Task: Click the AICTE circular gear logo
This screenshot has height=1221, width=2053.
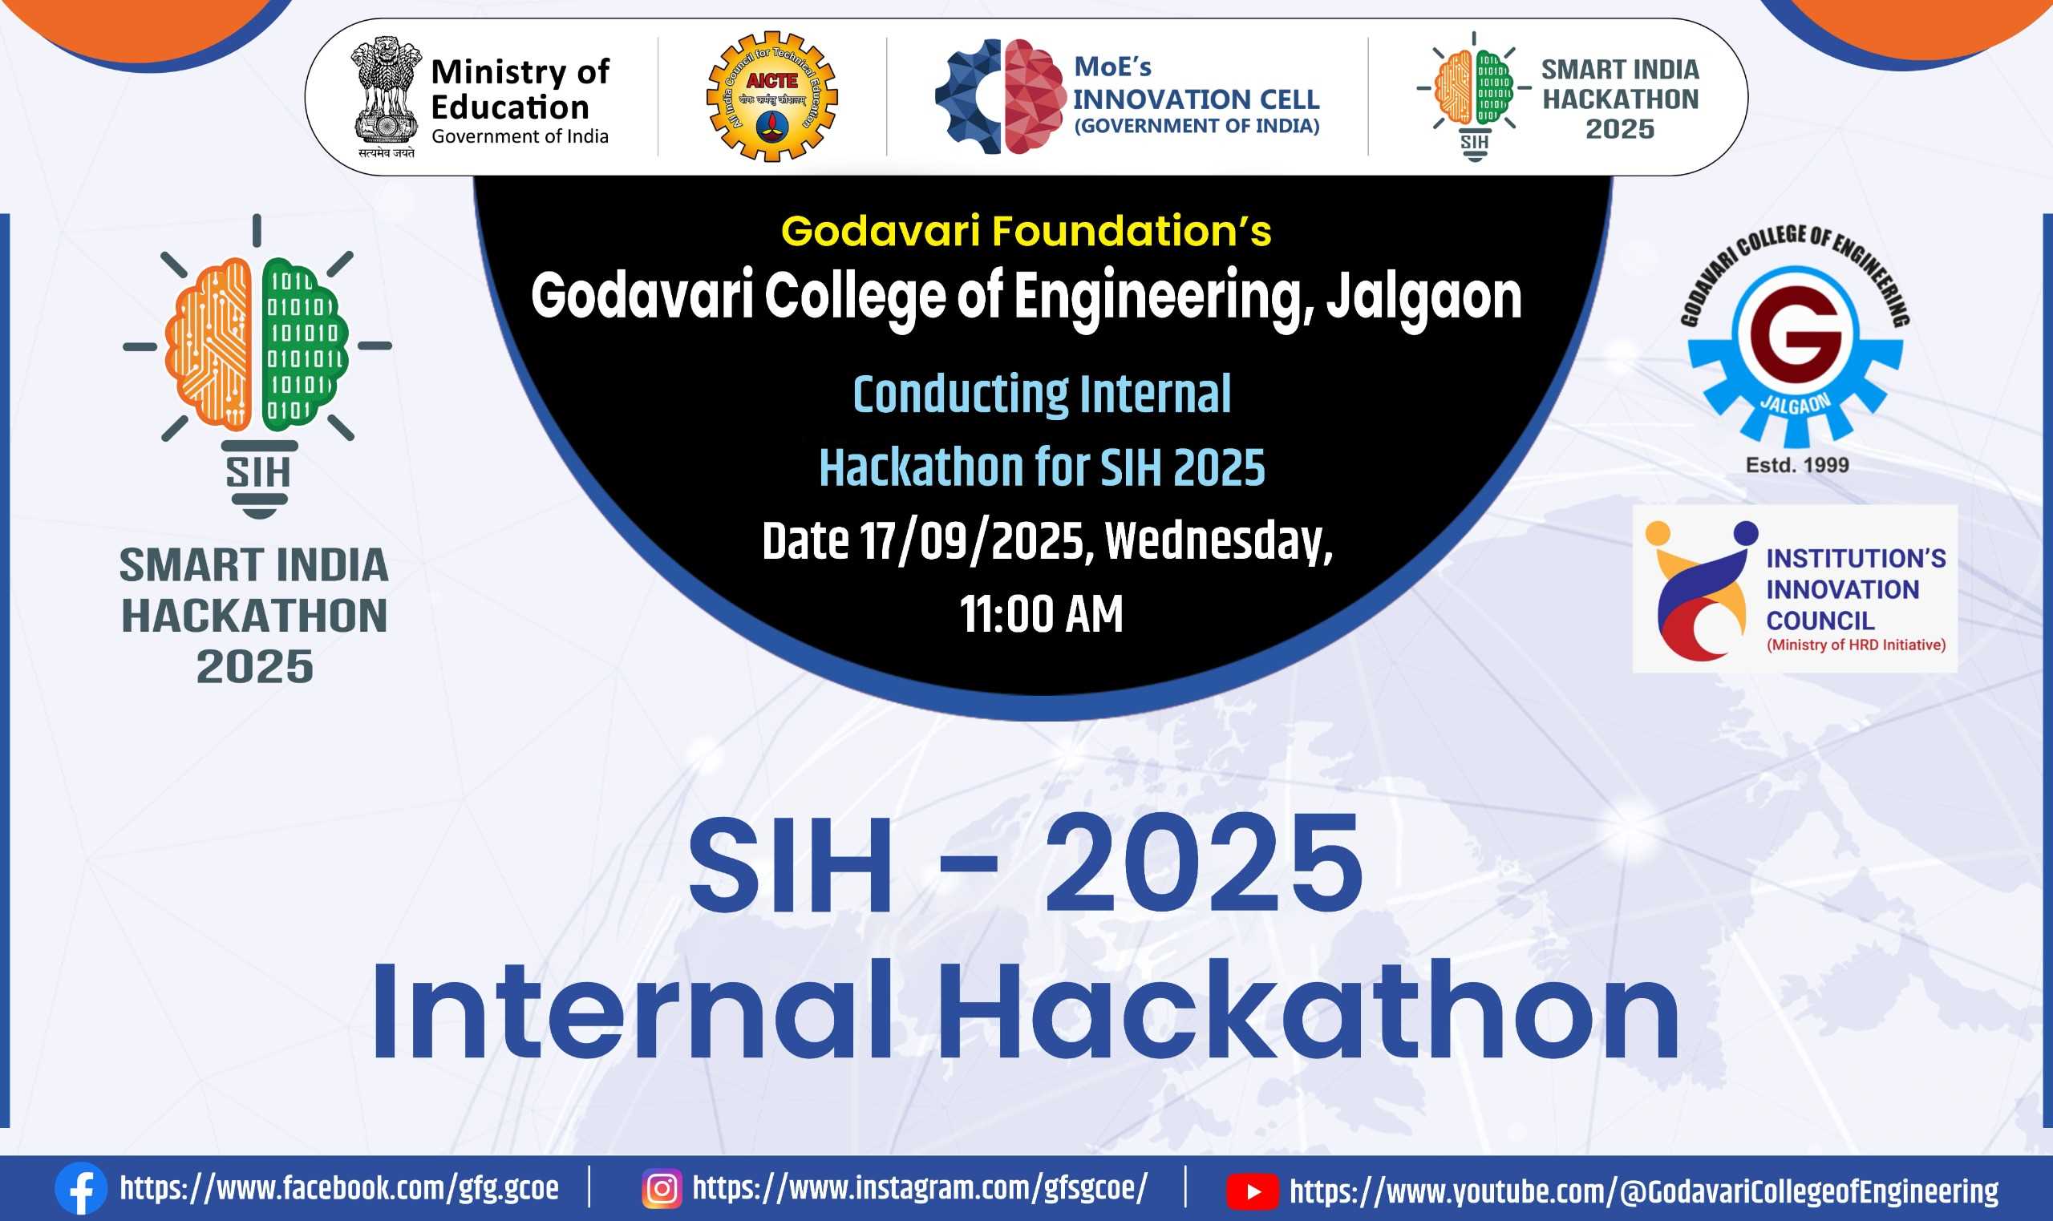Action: click(771, 96)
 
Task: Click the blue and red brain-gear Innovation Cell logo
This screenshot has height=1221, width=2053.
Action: click(1001, 96)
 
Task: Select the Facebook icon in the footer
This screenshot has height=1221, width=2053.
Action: click(81, 1188)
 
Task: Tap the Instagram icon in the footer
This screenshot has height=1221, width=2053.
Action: click(662, 1188)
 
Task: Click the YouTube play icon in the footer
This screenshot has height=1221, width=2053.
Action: click(1253, 1191)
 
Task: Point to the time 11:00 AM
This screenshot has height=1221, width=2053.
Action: click(1041, 614)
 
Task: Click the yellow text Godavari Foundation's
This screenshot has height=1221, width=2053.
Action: click(1026, 230)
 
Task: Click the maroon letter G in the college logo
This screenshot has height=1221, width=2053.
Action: click(1796, 338)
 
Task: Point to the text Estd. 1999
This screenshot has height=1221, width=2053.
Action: click(1797, 465)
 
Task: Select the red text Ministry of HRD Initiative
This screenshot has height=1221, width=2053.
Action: click(1856, 645)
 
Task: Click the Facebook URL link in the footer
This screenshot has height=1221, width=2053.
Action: click(339, 1188)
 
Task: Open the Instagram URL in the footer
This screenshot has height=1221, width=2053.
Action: click(919, 1188)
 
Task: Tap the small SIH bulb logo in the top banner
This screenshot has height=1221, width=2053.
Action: click(1474, 96)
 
